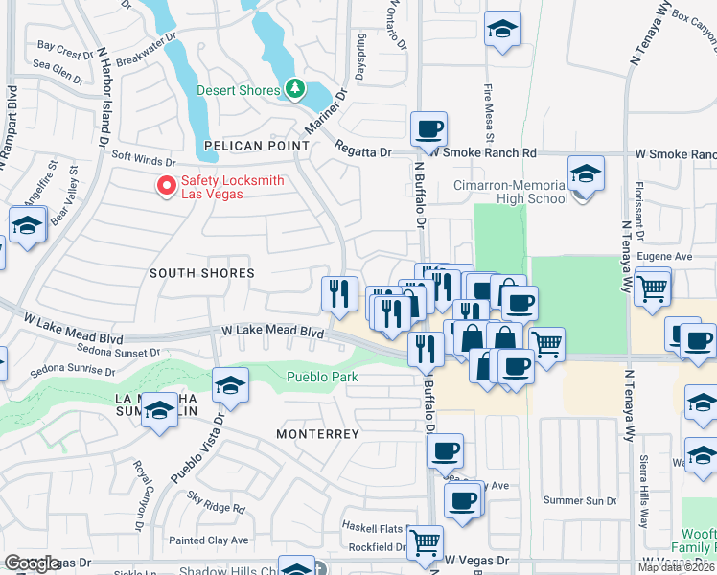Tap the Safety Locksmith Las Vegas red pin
(166, 186)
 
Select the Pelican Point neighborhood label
(257, 146)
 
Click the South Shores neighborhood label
(202, 273)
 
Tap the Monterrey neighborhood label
(317, 434)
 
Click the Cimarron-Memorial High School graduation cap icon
(586, 174)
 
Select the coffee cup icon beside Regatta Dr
(428, 127)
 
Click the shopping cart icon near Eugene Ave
(652, 286)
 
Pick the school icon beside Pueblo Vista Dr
(230, 385)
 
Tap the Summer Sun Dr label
(579, 500)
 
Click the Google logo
(32, 563)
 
